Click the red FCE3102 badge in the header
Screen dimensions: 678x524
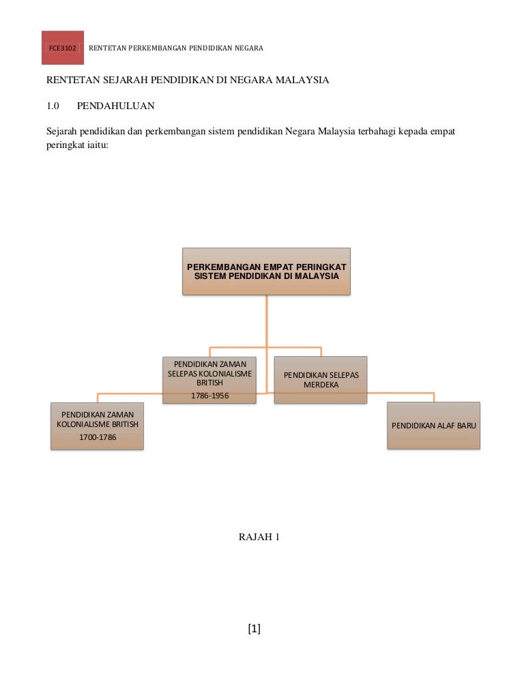point(62,48)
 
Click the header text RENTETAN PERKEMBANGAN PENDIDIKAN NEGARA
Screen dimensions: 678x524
point(176,48)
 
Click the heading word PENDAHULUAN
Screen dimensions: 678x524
point(115,106)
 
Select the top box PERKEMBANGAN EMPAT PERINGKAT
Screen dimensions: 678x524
point(266,271)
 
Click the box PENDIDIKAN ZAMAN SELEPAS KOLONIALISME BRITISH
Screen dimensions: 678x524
point(209,379)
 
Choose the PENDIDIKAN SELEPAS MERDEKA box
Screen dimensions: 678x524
point(321,380)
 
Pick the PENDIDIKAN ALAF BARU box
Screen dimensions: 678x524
point(433,425)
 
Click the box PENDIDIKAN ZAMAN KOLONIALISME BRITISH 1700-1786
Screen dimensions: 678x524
point(98,425)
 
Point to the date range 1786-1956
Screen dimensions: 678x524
point(209,396)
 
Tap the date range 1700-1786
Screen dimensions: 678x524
point(98,437)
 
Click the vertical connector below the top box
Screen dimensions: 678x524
point(266,321)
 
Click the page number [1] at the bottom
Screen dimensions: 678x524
point(254,629)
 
